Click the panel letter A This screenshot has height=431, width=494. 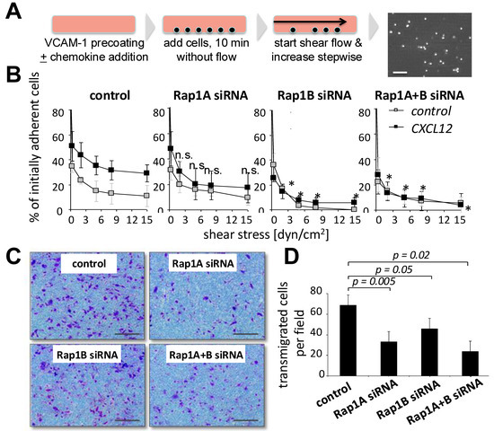(13, 12)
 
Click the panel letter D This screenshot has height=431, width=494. (291, 257)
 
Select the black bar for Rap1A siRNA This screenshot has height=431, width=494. (388, 358)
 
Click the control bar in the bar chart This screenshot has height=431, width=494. (348, 340)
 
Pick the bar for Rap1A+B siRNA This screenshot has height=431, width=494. (470, 364)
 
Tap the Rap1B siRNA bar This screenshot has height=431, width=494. (429, 352)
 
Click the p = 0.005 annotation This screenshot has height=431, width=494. (374, 281)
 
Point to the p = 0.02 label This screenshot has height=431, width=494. (410, 255)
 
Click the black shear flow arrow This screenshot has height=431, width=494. (311, 22)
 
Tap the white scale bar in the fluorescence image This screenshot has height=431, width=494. (400, 73)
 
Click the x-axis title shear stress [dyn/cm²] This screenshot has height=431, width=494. (266, 234)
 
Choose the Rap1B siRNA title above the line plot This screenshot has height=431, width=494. (314, 95)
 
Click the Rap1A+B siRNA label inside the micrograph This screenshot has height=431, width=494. (207, 355)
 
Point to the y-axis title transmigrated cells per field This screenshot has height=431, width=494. (292, 334)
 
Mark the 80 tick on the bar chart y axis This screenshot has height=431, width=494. (317, 291)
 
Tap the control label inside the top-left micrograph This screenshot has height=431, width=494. (89, 263)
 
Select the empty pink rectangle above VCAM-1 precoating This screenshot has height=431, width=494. (93, 24)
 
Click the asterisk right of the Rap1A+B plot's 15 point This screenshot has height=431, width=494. (469, 208)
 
